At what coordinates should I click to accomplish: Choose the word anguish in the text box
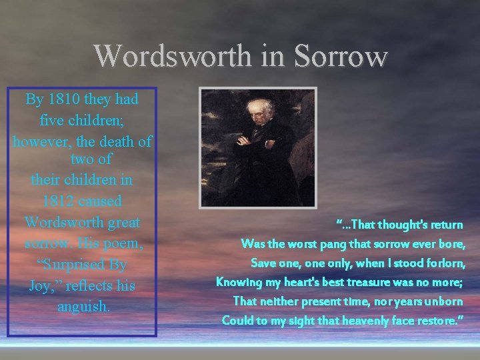tap(83, 307)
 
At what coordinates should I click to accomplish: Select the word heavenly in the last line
tap(370, 321)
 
